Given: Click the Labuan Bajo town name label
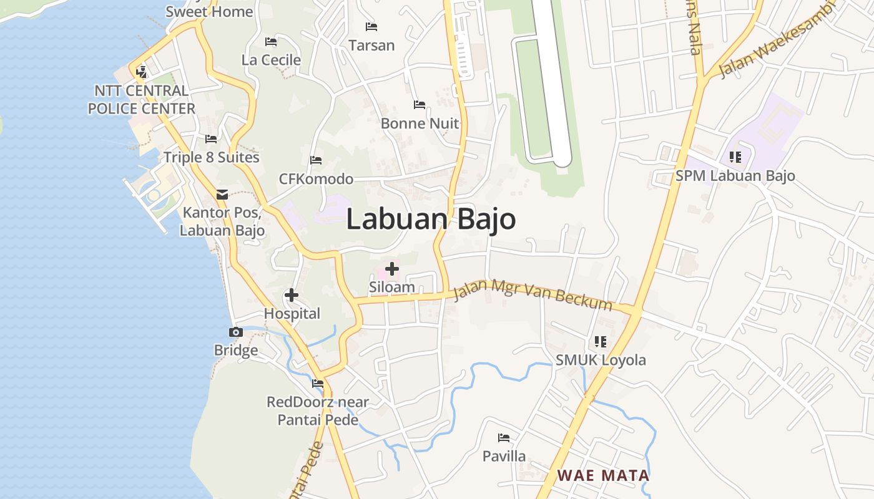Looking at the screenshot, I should tap(431, 220).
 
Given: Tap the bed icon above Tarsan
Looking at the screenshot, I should tap(371, 27).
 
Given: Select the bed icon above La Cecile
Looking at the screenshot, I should tap(271, 42).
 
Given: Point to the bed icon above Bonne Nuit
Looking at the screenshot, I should tap(420, 105).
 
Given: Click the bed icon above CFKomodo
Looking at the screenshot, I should tap(316, 160).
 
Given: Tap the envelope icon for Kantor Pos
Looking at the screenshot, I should tap(222, 194).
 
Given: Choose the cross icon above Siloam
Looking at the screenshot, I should tap(392, 269).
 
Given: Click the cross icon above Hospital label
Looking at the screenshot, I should tap(292, 295).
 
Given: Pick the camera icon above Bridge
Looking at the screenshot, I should tap(236, 332).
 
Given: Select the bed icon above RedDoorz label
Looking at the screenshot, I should tap(318, 383).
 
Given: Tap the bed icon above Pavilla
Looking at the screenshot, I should tap(504, 437).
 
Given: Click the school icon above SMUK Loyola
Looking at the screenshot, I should tap(601, 341).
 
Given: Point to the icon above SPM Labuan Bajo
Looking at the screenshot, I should tap(735, 157).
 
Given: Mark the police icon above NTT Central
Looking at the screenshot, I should tap(141, 72).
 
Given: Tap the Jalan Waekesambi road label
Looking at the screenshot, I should tap(777, 41).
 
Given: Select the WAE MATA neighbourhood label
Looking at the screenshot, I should tap(603, 476).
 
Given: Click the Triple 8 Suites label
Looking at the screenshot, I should tap(211, 157).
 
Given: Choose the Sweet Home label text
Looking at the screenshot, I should tap(209, 11).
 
